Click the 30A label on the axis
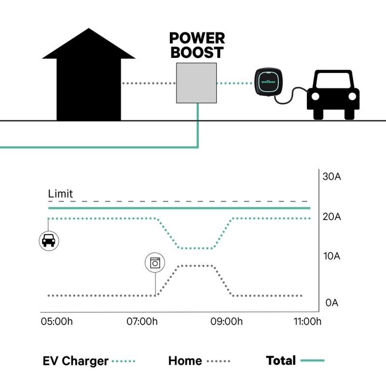pos(332,177)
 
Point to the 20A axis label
pos(332,217)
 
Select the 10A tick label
pos(332,256)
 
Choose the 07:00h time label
pos(142,321)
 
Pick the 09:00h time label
pos(227,321)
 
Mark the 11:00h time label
pos(307,321)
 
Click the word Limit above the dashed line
pos(60,194)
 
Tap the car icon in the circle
pos(49,240)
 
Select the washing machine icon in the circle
pos(155,263)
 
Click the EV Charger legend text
pos(76,361)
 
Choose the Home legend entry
pos(185,361)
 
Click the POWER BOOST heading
pos(197,45)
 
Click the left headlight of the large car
pos(316,96)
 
